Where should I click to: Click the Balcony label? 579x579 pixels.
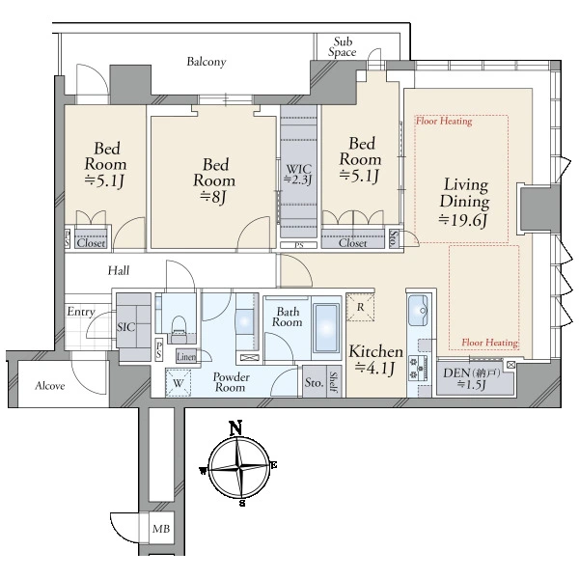pos(207,62)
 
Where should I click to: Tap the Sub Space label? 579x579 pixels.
pos(343,47)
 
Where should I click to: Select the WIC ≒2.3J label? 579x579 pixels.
pos(298,174)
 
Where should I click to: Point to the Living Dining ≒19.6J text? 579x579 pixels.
pos(464,202)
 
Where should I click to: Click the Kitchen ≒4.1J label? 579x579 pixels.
pos(375,359)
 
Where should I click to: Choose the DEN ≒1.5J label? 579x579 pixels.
pos(471,378)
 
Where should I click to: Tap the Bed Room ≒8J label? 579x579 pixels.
pos(214,181)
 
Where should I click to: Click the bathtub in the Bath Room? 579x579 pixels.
pos(326,328)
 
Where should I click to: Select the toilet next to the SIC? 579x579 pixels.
pos(179,325)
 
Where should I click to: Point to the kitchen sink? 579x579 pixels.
pos(418,310)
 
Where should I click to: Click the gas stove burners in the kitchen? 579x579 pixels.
pos(419,367)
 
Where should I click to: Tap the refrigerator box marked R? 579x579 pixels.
pos(360,307)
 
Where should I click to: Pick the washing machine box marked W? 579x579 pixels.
pos(178,383)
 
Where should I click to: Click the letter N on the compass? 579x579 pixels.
pos(235,427)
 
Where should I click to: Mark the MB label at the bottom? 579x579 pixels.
pos(161,529)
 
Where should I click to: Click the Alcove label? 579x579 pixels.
pos(49,386)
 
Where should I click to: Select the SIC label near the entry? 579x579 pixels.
pos(125,327)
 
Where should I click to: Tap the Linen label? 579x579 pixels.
pos(186,357)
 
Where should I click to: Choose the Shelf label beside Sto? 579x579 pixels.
pos(333,382)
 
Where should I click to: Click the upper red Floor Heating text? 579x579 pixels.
pos(444,122)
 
